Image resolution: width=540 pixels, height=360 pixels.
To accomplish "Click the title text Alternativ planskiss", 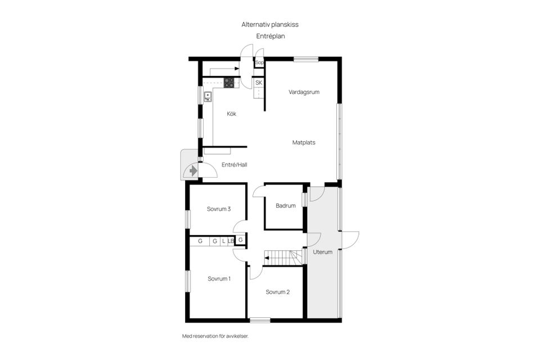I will point(269,25).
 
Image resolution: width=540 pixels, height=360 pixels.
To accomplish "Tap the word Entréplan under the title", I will point(269,35).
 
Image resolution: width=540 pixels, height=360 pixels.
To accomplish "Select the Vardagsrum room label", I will point(304,92).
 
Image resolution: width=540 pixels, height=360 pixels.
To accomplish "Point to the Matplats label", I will point(304,142).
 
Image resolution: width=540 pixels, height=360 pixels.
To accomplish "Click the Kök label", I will point(231,114).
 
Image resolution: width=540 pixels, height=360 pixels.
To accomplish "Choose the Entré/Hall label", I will point(235,165).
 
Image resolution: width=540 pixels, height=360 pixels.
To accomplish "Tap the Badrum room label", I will point(286,206).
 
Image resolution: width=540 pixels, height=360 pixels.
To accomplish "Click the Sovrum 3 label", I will point(219,209).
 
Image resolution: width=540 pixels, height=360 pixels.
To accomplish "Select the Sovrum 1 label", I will point(219,278).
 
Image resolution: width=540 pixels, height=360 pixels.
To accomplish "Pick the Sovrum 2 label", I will point(278,292).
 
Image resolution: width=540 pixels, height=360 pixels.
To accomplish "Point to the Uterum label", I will point(323,252).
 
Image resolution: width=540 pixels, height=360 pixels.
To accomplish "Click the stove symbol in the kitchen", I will point(229,82).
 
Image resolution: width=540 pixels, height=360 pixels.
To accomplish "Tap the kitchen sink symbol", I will point(208,96).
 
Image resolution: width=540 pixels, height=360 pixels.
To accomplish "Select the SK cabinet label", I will point(259,83).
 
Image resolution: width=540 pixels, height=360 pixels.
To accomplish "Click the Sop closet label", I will point(259,63).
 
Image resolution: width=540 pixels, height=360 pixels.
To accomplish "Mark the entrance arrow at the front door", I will point(192,169).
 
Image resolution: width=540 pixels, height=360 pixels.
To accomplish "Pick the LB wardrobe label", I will point(231,241).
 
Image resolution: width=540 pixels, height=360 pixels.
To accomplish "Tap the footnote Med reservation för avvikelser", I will point(215,336).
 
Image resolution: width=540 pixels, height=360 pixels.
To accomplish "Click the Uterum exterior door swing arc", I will point(353,238).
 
